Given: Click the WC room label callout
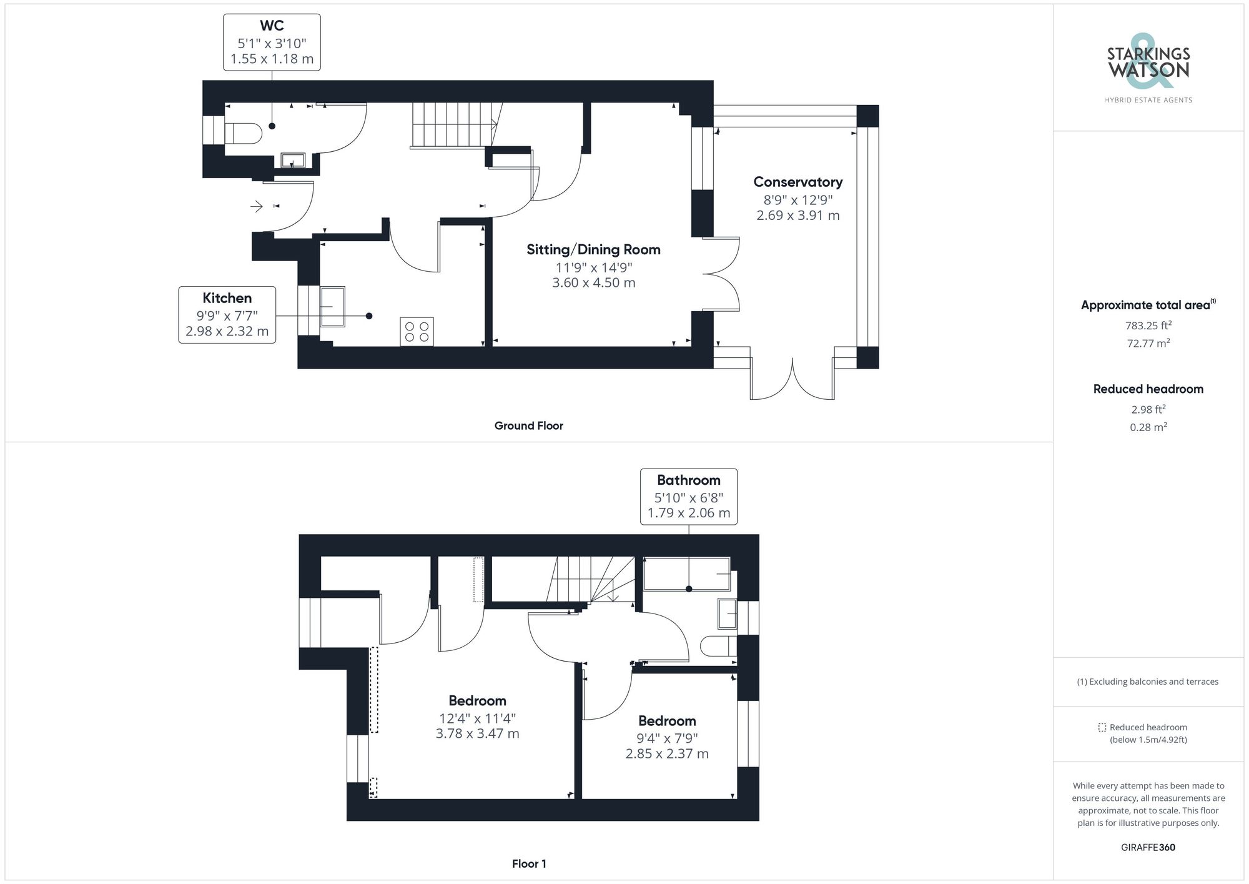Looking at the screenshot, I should click(272, 42).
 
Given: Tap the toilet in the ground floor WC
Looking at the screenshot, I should click(243, 133).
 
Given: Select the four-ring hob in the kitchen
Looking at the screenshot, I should click(417, 332).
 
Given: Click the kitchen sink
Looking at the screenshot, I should click(332, 306).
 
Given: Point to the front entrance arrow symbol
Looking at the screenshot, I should click(256, 206).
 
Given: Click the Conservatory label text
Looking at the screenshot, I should click(797, 182).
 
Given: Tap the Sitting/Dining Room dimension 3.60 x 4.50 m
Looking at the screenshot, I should click(593, 283).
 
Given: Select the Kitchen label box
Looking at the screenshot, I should click(227, 315).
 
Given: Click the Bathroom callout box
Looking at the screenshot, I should click(688, 497).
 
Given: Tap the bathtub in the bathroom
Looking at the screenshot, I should click(686, 574).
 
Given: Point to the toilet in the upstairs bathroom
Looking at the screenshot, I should click(718, 646).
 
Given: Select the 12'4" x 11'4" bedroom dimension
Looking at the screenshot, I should click(477, 718).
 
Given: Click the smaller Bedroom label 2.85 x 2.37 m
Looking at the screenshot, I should click(667, 754).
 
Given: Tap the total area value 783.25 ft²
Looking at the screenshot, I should click(1148, 325).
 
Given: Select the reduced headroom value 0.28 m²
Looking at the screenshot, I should click(1148, 427).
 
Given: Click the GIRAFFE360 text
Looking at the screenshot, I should click(1148, 848).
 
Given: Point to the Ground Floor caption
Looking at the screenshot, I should click(528, 426).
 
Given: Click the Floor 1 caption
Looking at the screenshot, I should click(528, 864).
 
